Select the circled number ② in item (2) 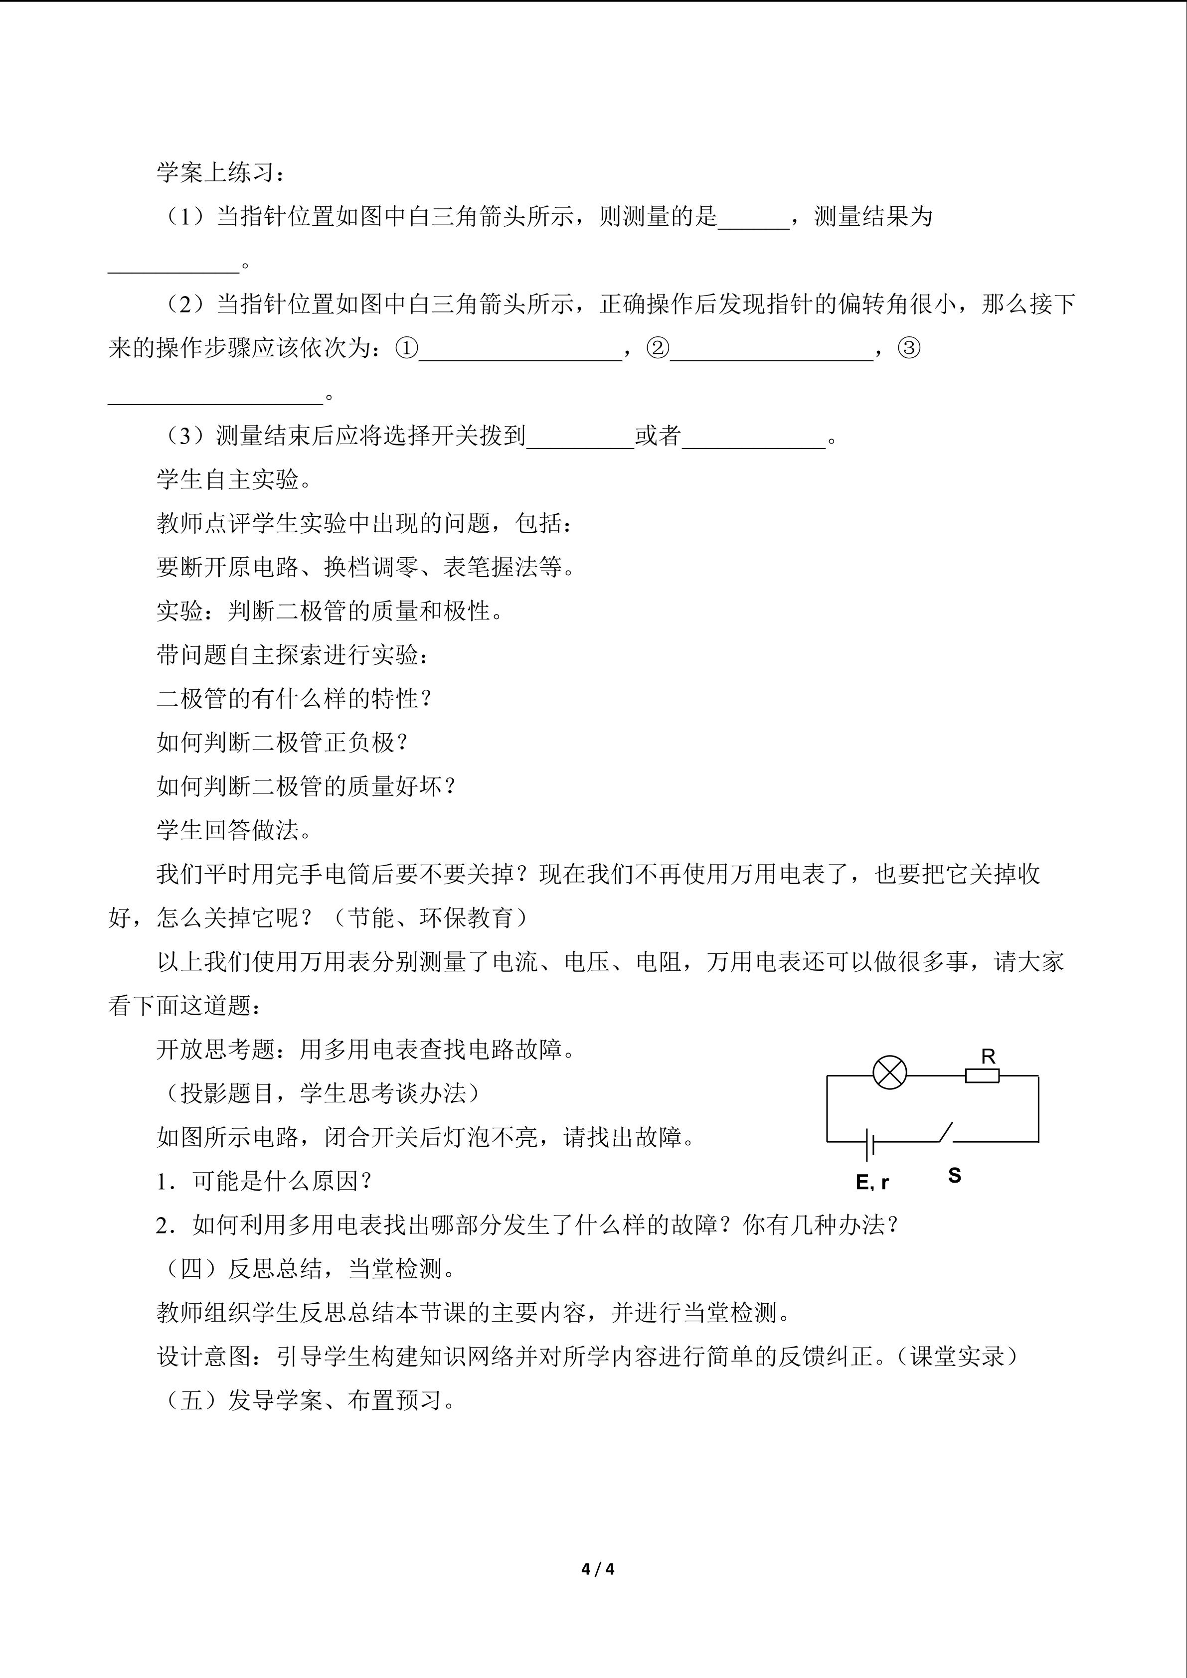pos(658,348)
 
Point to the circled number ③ pos(908,348)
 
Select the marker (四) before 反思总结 pos(191,1269)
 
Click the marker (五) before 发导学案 pos(191,1400)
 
